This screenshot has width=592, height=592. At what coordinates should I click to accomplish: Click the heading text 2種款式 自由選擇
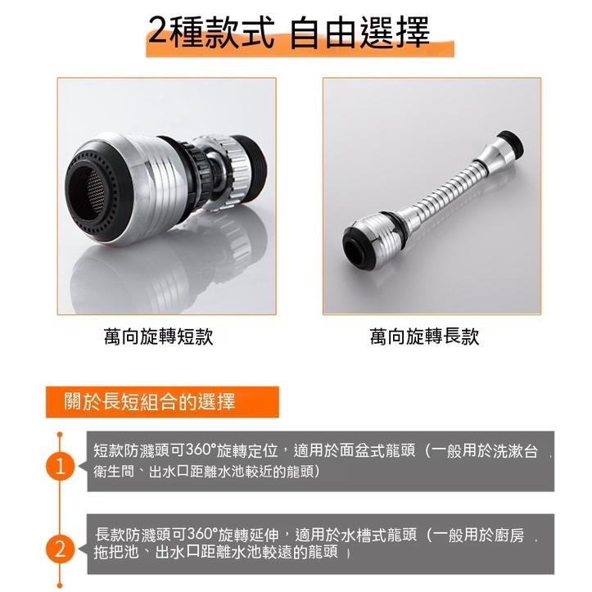[289, 33]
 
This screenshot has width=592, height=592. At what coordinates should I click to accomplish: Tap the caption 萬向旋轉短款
[159, 337]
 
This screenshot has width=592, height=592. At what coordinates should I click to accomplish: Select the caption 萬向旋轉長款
[424, 337]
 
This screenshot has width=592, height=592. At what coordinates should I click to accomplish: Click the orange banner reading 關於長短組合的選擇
[162, 402]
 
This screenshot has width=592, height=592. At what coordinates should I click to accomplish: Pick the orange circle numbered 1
[60, 467]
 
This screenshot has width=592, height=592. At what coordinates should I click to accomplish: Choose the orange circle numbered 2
[60, 549]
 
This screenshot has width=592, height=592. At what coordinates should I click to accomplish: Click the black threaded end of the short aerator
[254, 166]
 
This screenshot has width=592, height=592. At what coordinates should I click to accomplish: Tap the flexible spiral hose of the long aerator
[446, 189]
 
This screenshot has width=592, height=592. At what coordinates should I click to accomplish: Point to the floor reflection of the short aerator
[166, 272]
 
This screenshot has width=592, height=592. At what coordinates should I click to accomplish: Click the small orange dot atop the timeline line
[60, 435]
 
